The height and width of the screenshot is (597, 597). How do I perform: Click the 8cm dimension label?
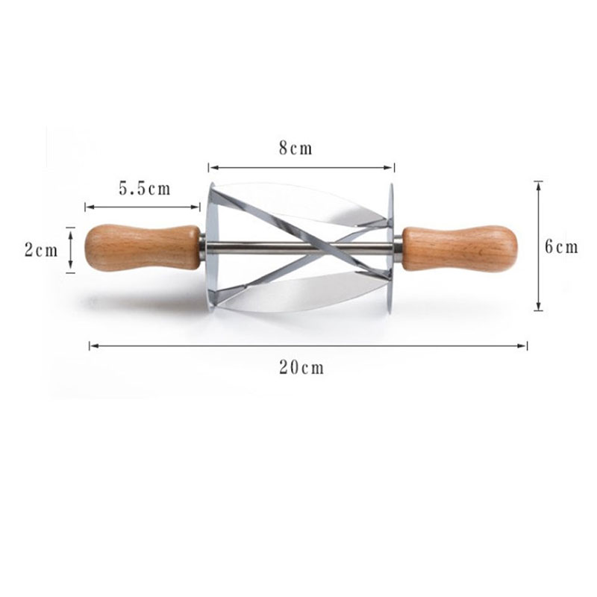tap(296, 148)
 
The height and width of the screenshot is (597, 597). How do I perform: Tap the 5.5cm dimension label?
tap(145, 189)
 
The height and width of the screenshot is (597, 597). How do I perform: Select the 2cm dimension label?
tap(41, 250)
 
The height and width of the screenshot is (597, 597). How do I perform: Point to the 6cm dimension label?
tap(561, 247)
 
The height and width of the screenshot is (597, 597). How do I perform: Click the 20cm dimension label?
tap(301, 367)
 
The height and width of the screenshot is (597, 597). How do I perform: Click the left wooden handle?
tap(142, 248)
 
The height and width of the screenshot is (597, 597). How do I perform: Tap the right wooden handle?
tap(460, 249)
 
